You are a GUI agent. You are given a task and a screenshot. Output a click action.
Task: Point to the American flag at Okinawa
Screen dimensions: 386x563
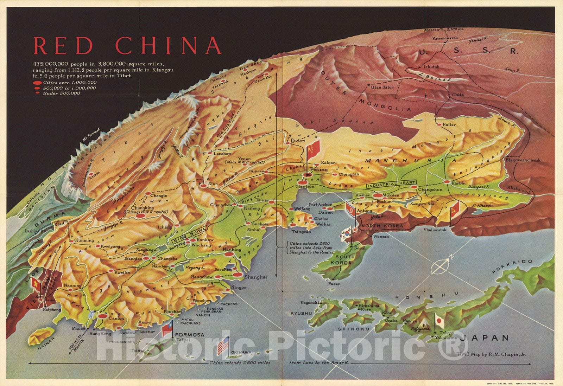coord(223,346)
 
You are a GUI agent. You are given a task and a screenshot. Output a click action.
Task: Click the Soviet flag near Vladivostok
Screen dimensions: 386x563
coord(454,208)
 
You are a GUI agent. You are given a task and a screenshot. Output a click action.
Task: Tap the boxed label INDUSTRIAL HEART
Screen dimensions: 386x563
coord(391,183)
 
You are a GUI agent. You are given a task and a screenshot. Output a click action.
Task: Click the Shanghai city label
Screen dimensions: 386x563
coord(255,277)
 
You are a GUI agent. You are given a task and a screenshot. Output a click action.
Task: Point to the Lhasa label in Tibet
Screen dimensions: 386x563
coord(94,178)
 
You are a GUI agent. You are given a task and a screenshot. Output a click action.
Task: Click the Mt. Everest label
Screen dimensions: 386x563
coord(91,135)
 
